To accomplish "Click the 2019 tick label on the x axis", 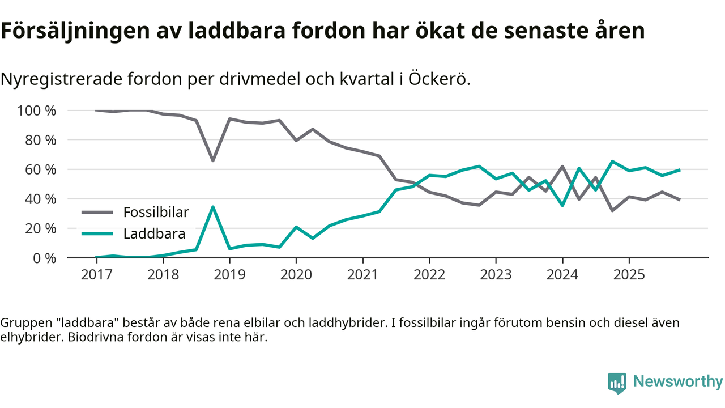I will pos(229,275).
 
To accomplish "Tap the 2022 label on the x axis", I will pos(429,275).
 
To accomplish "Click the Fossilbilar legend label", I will pos(156,212).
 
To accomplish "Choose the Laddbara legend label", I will pos(154,233).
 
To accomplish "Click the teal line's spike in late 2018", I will pos(213,207).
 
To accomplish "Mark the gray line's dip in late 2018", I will pos(213,160).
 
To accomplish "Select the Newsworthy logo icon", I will pos(617,382).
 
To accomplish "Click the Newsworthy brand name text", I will pos(678,381).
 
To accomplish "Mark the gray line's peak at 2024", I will pos(562,166).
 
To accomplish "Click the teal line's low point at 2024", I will pos(562,205).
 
